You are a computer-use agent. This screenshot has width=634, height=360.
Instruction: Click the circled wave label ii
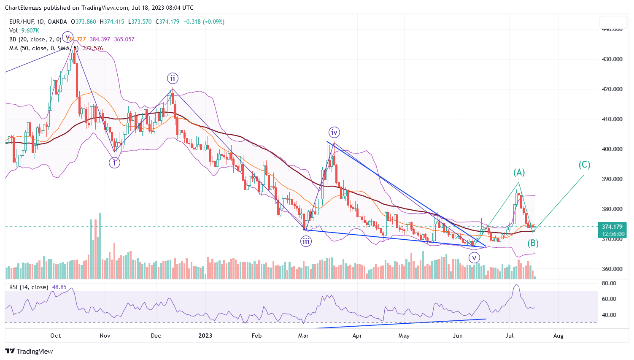click(173, 78)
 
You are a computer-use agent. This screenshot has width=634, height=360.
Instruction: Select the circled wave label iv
click(334, 133)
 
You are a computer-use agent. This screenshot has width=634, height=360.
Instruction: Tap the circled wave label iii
click(306, 241)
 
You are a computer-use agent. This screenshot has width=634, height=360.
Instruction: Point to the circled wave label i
click(114, 162)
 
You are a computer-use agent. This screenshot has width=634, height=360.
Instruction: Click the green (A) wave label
click(519, 172)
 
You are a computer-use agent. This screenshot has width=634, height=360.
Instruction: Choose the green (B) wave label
click(533, 243)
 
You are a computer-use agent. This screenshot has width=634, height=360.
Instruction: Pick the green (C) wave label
click(584, 165)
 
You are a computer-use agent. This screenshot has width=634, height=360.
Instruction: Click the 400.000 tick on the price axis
click(612, 149)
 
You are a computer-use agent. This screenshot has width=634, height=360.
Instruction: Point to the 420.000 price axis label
click(612, 89)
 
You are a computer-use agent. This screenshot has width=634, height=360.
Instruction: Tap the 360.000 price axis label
click(612, 269)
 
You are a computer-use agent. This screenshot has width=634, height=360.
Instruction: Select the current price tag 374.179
click(612, 227)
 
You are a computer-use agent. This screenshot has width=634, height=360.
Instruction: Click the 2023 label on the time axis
click(205, 336)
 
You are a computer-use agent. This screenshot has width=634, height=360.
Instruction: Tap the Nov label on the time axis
click(105, 336)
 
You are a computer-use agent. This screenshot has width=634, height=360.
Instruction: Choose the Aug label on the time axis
click(558, 336)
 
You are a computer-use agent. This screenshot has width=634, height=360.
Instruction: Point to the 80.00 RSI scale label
click(609, 283)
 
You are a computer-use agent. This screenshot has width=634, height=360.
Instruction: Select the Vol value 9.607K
click(30, 30)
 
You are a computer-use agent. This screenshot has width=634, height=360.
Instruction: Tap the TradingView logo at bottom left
click(29, 351)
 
